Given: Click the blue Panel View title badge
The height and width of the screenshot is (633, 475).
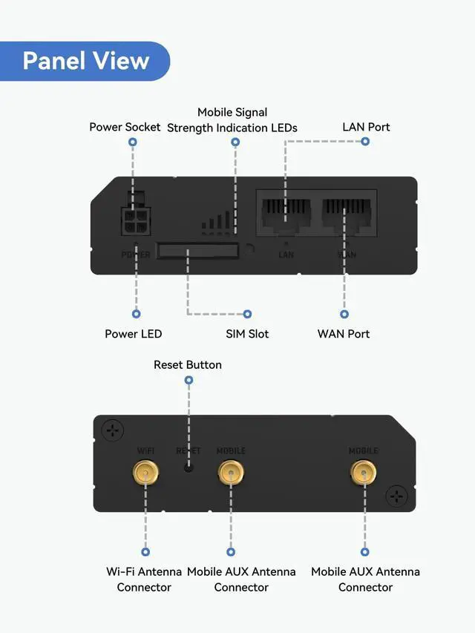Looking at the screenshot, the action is click(85, 61).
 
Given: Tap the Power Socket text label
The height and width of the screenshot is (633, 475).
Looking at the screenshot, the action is click(125, 127).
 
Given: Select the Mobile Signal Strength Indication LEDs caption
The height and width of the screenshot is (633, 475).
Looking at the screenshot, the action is click(232, 120).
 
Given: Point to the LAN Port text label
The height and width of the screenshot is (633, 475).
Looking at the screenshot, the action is click(366, 127).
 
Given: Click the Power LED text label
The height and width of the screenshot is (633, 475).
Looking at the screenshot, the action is click(134, 334).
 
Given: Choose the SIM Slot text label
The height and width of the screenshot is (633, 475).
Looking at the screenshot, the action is click(247, 334).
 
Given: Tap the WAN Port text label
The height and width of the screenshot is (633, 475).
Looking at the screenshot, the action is click(344, 334).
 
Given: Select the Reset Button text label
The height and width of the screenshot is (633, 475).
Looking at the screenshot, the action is click(188, 364).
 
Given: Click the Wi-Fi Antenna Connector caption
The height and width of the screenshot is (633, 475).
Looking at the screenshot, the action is click(144, 580).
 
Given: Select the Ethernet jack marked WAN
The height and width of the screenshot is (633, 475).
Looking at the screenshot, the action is click(347, 214).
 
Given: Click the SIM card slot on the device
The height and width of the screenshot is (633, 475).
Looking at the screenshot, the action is click(197, 251).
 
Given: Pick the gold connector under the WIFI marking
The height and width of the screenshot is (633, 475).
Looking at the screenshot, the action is click(145, 471).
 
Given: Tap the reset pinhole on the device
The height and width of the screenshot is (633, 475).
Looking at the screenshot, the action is click(189, 468).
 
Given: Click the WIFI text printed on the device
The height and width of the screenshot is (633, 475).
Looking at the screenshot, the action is click(145, 450).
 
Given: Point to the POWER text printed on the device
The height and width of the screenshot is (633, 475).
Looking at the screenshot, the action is click(136, 255).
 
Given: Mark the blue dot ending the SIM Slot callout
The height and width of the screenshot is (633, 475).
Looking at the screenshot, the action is click(248, 314).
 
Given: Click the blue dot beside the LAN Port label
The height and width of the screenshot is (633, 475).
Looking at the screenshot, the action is click(365, 141).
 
